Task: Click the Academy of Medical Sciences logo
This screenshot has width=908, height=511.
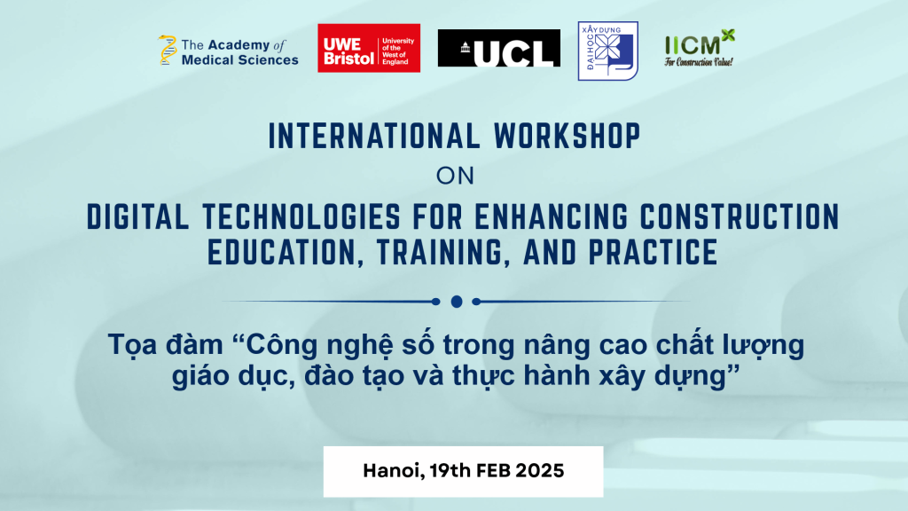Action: (228, 51)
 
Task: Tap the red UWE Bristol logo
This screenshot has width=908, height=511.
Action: (369, 48)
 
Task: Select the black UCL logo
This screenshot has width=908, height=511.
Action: (499, 48)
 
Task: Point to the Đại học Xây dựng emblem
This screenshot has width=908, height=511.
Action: (608, 51)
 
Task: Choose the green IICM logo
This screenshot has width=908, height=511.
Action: (700, 48)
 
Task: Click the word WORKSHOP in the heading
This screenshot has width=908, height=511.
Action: (567, 136)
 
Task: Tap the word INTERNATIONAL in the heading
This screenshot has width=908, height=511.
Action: (374, 136)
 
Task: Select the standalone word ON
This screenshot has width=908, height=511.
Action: (455, 177)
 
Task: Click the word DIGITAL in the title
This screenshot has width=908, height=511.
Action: (137, 216)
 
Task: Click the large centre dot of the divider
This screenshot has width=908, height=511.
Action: (457, 302)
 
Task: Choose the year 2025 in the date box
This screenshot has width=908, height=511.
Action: (540, 470)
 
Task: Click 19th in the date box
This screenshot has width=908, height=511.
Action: (450, 470)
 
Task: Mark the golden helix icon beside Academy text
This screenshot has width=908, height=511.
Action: (168, 50)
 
